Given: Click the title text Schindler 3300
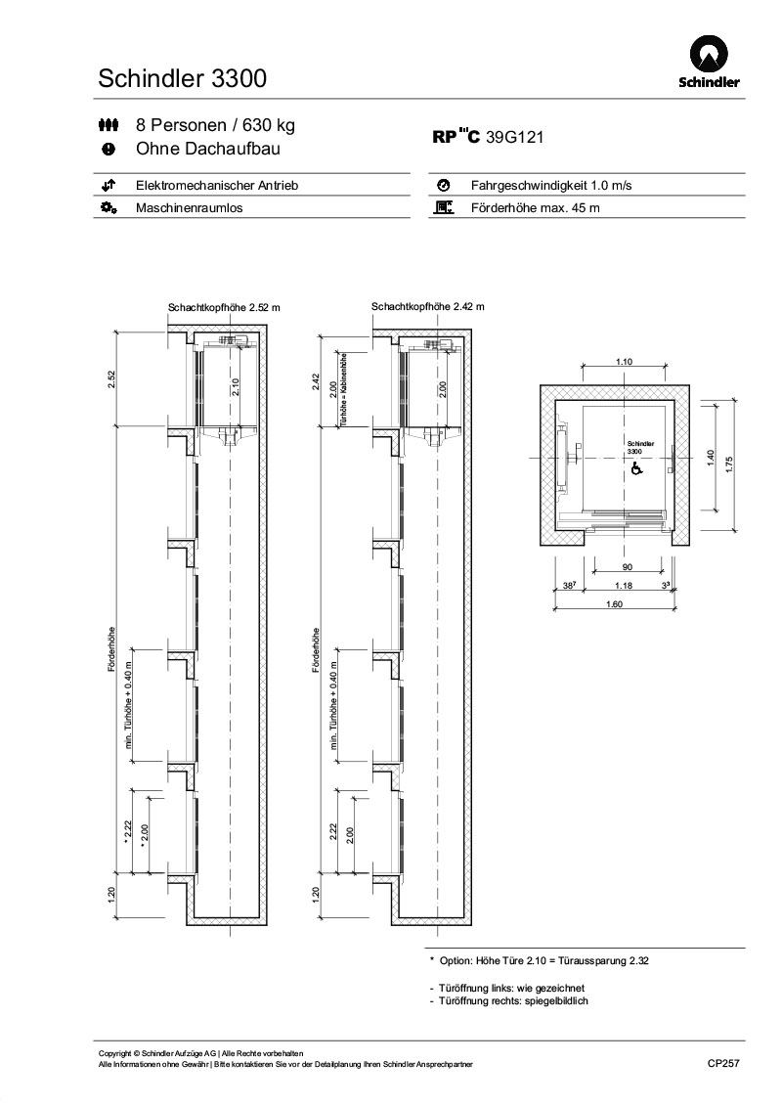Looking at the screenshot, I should (183, 79).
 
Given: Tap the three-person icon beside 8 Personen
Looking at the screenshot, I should (109, 126).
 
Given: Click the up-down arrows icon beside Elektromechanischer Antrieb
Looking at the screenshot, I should (109, 185).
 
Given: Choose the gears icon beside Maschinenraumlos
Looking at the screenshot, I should (109, 208).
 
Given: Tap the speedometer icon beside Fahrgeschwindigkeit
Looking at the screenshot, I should (443, 185).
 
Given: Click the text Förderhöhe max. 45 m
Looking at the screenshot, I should (535, 208).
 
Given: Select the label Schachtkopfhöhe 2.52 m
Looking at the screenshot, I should (224, 307).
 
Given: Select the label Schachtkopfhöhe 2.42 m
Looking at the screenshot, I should (427, 306).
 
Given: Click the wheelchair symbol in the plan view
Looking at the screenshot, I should (635, 469).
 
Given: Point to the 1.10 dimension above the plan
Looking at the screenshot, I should (624, 362).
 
